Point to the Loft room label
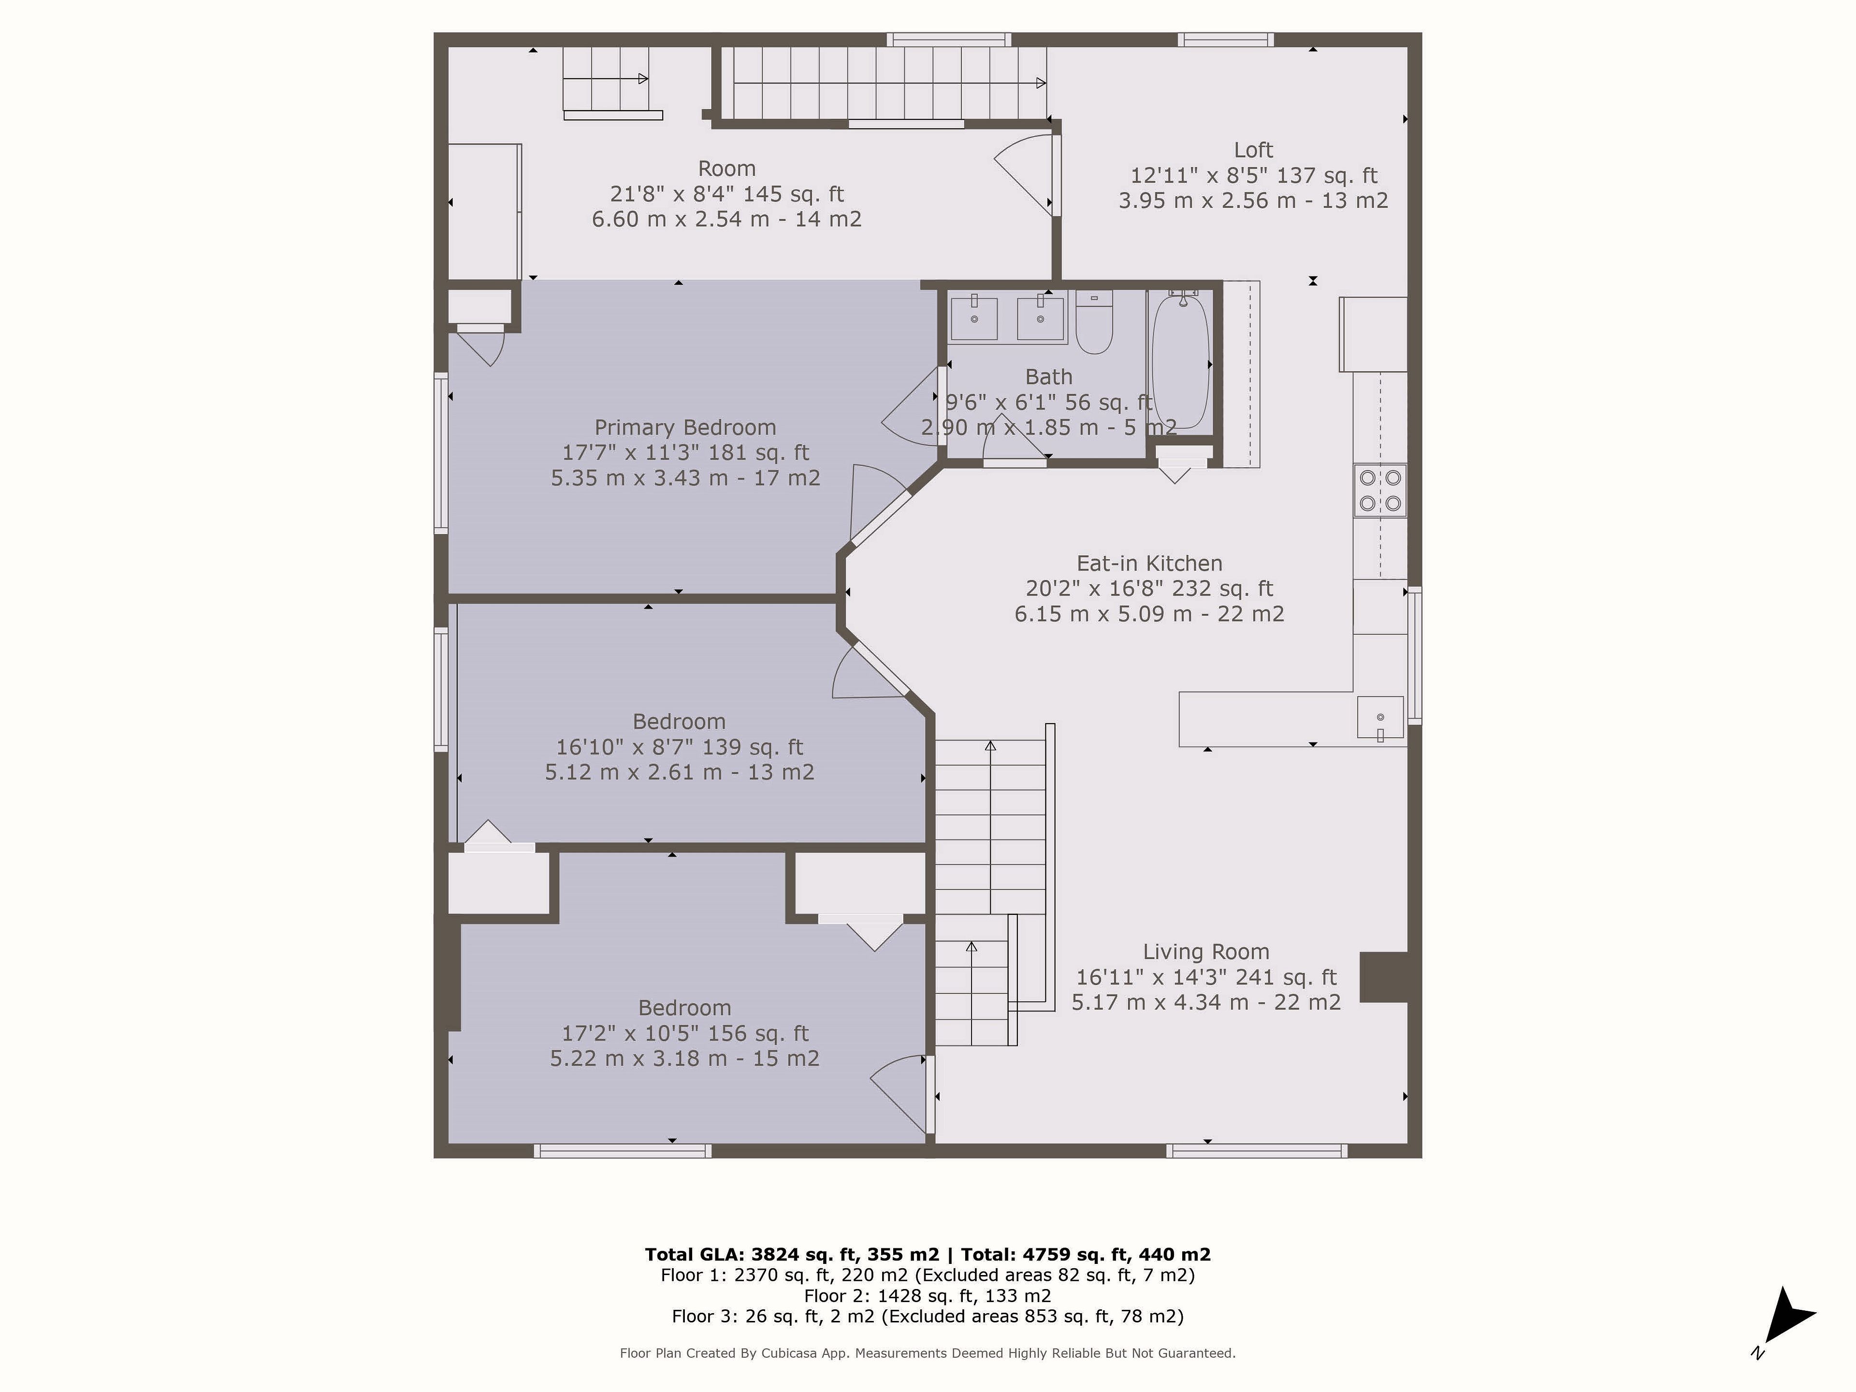tap(1254, 150)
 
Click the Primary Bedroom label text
tap(685, 427)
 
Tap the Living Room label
tap(1206, 952)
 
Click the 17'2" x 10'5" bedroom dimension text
tap(685, 1033)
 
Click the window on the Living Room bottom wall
tap(1258, 1150)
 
